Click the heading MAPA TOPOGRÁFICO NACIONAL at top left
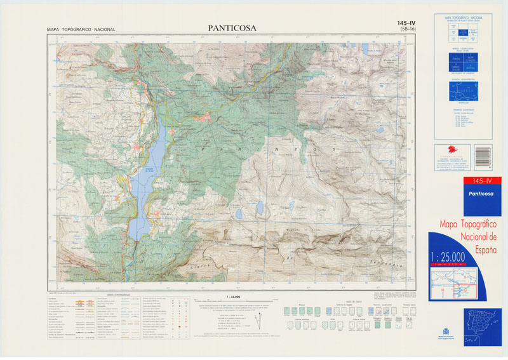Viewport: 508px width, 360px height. [81, 30]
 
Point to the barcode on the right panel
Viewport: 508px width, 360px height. [483, 156]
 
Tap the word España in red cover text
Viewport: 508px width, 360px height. [469, 243]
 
